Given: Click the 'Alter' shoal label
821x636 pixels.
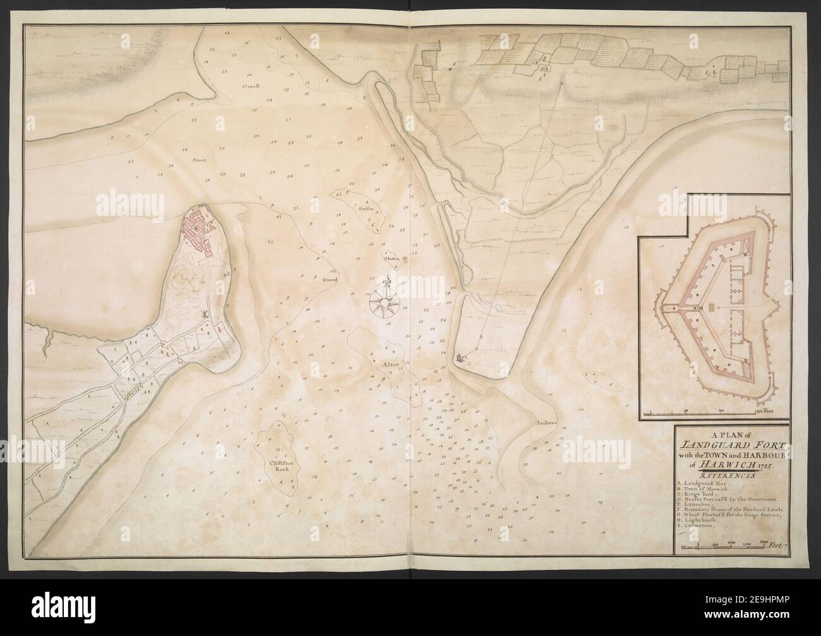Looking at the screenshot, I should [387, 365].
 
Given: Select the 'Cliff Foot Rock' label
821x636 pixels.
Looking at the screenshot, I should [278, 466].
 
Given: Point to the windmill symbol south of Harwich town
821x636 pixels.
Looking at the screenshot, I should [203, 314].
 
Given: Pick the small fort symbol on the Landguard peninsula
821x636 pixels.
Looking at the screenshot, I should [461, 358].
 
